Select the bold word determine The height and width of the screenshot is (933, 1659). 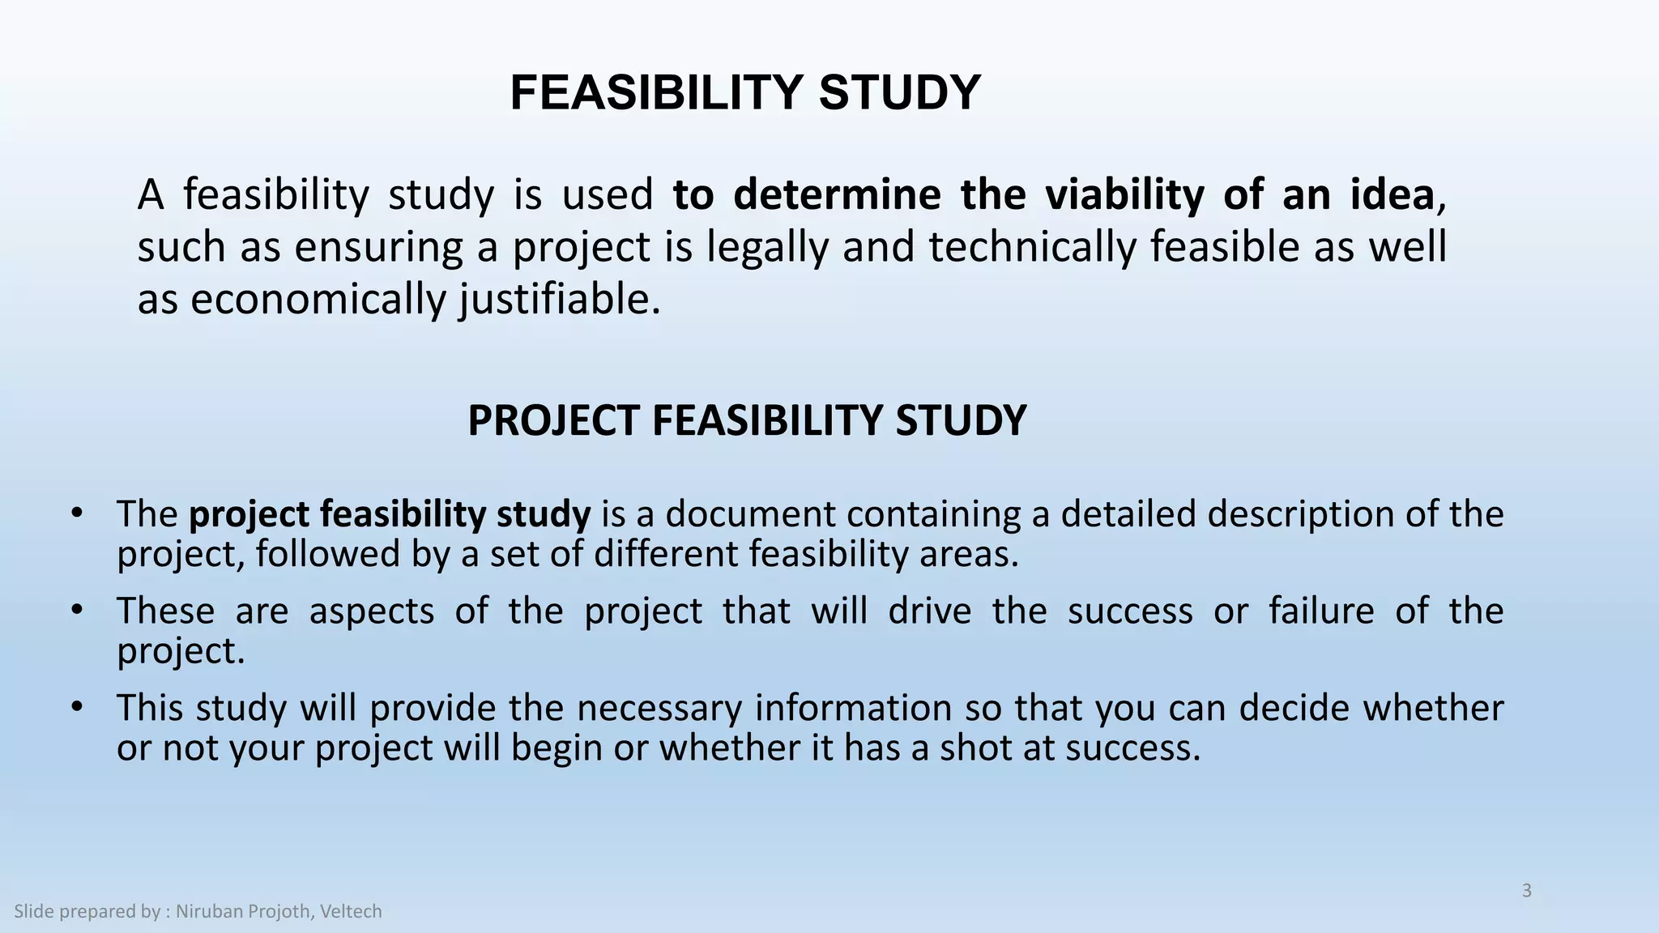pyautogui.click(x=837, y=195)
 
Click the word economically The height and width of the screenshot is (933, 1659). pyautogui.click(x=318, y=300)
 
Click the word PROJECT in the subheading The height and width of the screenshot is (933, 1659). pyautogui.click(x=553, y=421)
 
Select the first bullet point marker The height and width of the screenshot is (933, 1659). pyautogui.click(x=77, y=513)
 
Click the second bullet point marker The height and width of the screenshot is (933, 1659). pyautogui.click(x=77, y=610)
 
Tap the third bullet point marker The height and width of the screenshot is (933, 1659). pyautogui.click(x=77, y=707)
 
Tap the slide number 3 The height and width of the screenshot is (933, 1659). pyautogui.click(x=1527, y=891)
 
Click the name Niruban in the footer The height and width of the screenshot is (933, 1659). pyautogui.click(x=209, y=912)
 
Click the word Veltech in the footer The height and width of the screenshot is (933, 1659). pyautogui.click(x=351, y=912)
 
